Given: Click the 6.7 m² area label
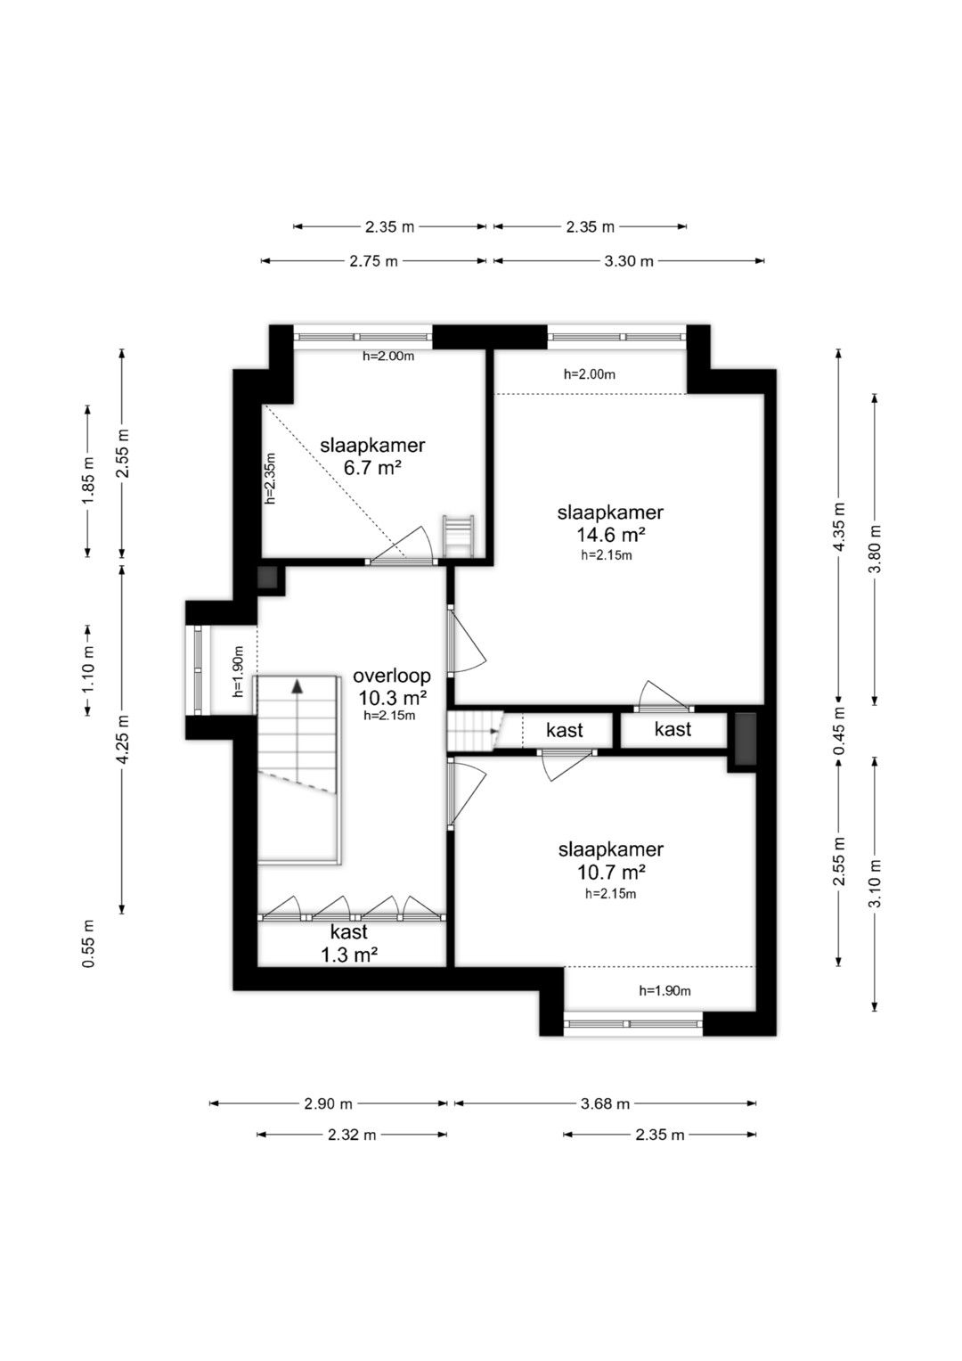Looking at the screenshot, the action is coord(372,469).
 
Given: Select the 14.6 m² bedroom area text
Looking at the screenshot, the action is coord(610,536).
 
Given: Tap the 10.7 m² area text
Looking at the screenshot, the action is coord(610,873).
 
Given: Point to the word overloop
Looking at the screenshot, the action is coord(392,676).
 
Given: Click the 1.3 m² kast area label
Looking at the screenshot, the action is coord(350,955).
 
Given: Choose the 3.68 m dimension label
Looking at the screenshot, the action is coord(605,1103).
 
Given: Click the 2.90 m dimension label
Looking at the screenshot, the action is coord(328,1103).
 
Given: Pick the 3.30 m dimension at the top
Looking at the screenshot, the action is coord(629,261).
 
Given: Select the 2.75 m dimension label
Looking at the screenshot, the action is coord(373,261).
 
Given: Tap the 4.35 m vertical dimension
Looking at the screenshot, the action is coord(839,527).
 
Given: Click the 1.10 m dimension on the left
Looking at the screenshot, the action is coord(89,671).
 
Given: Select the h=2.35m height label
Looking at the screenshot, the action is coord(271,478).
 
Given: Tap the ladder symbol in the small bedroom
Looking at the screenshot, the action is coord(458,536).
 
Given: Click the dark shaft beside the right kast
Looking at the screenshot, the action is coord(746,739).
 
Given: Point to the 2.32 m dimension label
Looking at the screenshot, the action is coord(352,1135).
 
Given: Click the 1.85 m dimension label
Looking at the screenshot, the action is coord(89,480).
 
